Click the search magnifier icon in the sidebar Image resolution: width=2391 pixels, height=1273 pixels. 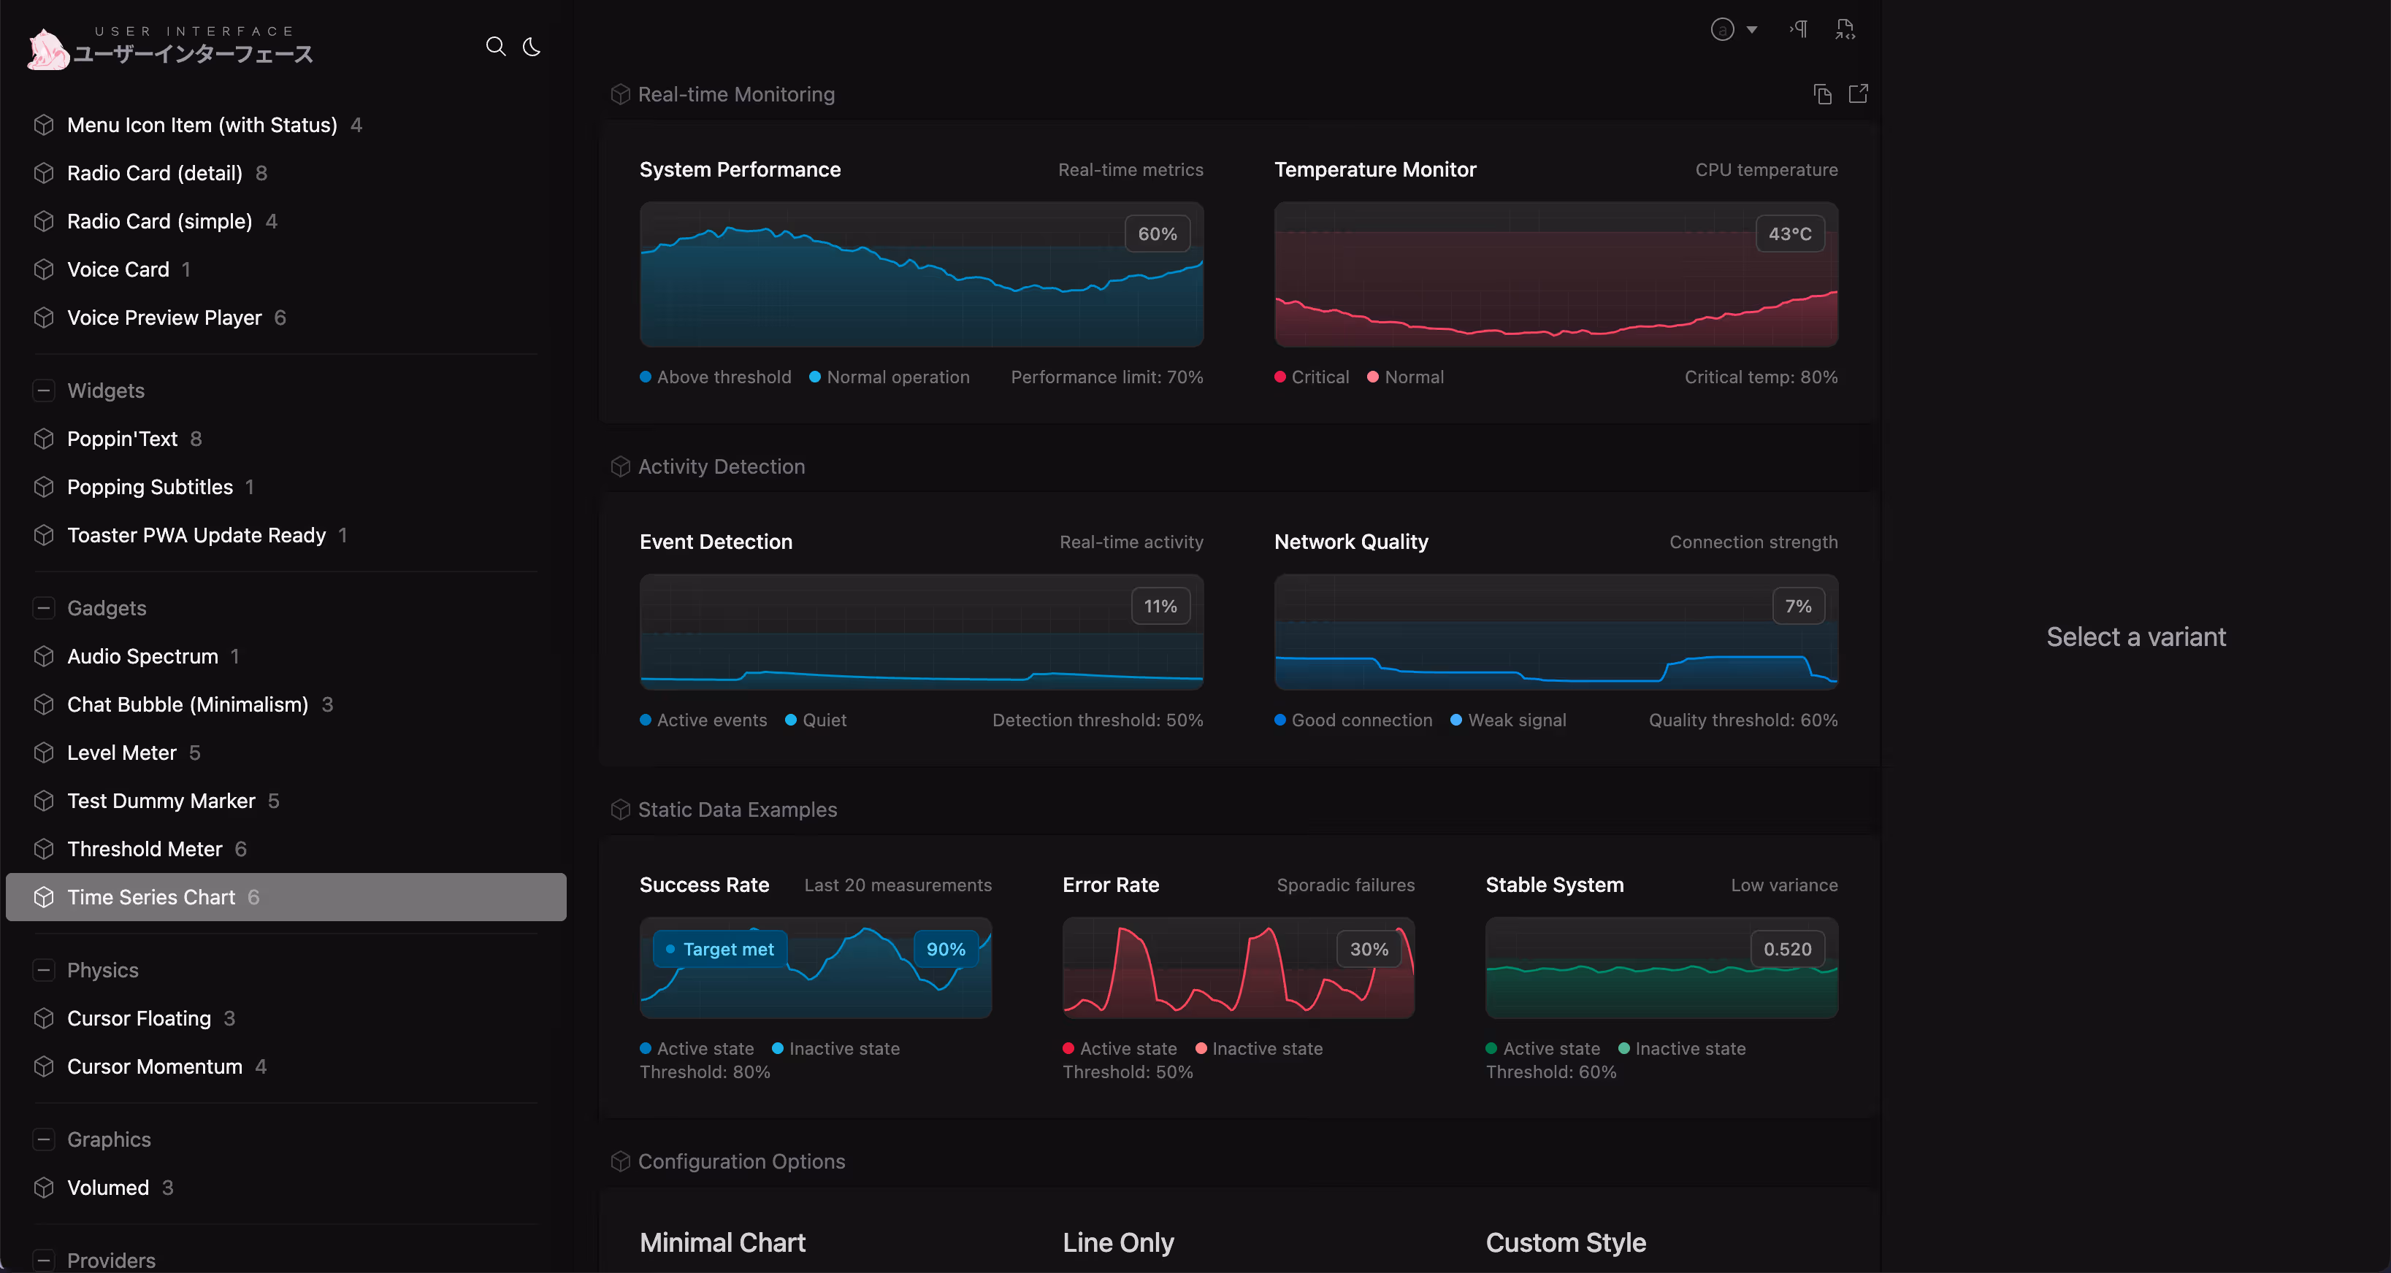pyautogui.click(x=496, y=47)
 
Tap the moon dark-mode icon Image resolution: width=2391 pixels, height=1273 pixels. pyautogui.click(x=532, y=47)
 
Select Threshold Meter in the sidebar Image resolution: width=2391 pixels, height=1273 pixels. pyautogui.click(x=145, y=849)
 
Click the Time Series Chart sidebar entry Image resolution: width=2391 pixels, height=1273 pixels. pyautogui.click(x=151, y=897)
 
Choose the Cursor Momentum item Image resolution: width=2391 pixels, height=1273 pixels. pyautogui.click(x=154, y=1066)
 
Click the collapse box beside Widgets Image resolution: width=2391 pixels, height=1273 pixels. pyautogui.click(x=44, y=391)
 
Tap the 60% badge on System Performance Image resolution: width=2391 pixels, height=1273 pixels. pyautogui.click(x=1157, y=234)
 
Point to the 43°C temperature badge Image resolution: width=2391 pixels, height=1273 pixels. pyautogui.click(x=1789, y=234)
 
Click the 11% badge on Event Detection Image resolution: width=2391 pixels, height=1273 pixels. pyautogui.click(x=1159, y=606)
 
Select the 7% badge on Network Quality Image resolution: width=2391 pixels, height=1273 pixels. pyautogui.click(x=1797, y=606)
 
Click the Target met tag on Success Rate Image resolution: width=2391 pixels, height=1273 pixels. pyautogui.click(x=720, y=949)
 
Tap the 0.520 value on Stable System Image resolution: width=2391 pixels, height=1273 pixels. pyautogui.click(x=1787, y=949)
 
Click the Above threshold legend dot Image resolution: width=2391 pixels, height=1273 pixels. pyautogui.click(x=645, y=377)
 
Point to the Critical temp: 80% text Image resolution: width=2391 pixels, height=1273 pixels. pyautogui.click(x=1761, y=377)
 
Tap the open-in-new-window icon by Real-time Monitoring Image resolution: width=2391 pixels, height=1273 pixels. pyautogui.click(x=1857, y=93)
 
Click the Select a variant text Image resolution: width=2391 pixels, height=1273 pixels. pyautogui.click(x=2135, y=636)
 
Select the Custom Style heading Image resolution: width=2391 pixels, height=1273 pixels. pyautogui.click(x=1565, y=1242)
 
